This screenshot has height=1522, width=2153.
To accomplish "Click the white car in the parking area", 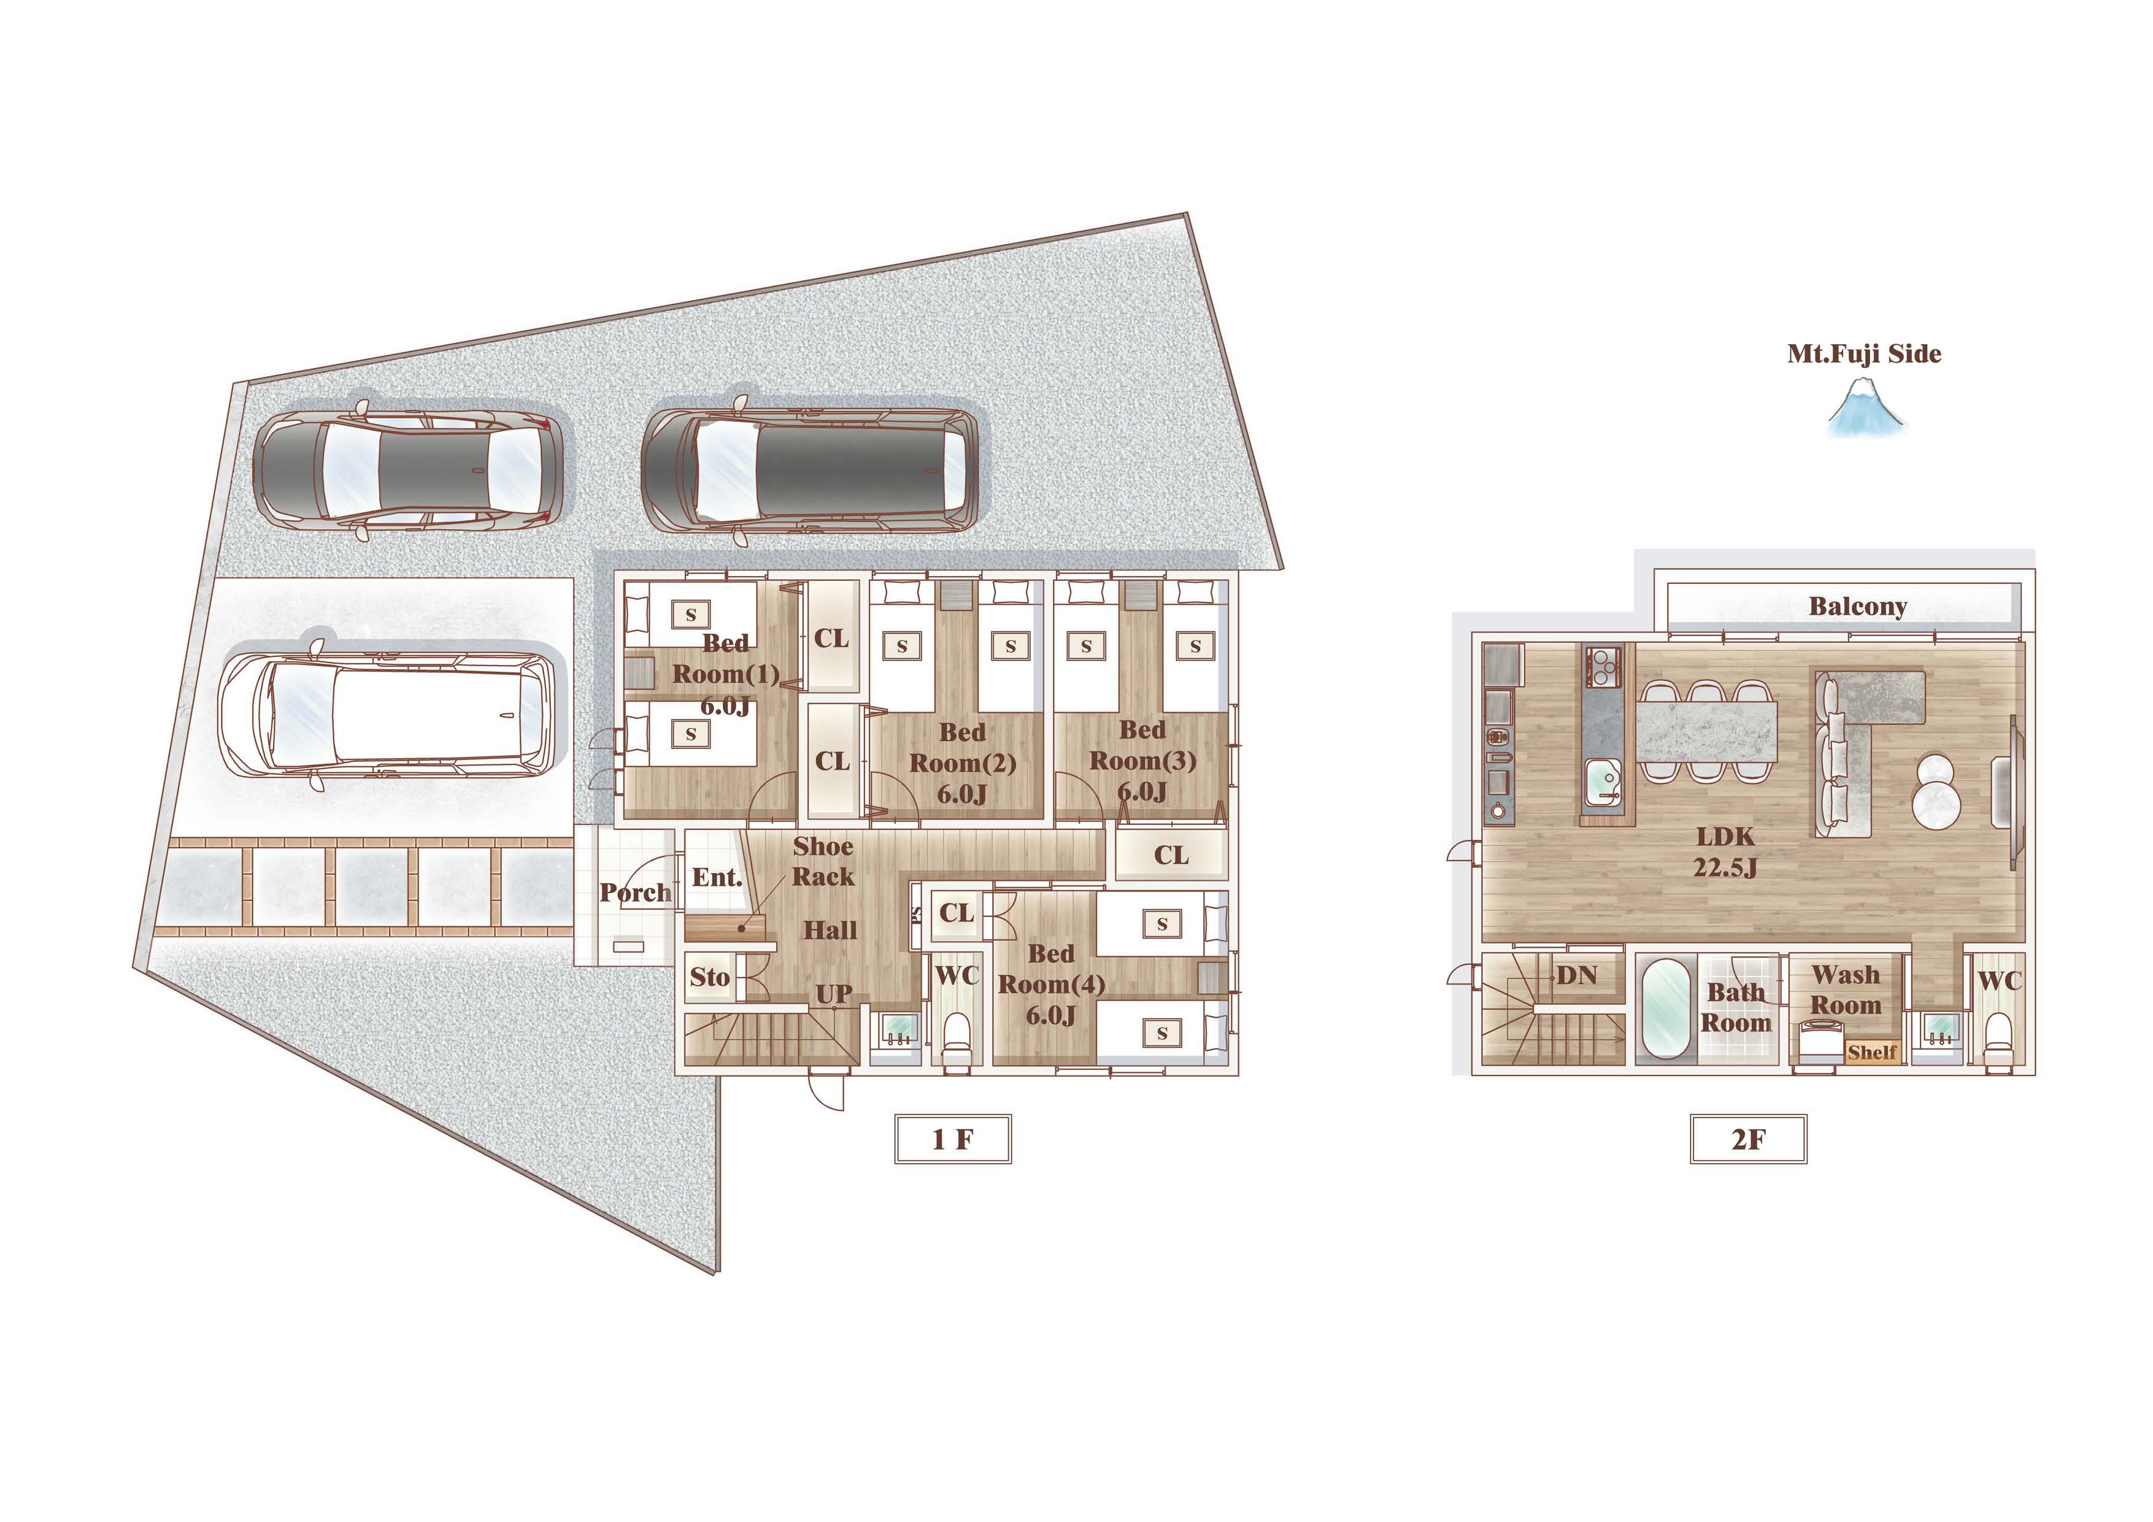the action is [x=387, y=710].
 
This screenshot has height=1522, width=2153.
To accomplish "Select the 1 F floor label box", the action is [x=953, y=1139].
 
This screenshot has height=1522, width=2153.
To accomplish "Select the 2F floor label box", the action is [x=1748, y=1139].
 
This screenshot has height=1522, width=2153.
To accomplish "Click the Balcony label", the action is [x=1858, y=607].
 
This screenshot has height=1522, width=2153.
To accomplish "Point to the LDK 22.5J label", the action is [x=1725, y=851].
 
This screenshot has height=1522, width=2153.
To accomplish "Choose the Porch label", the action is [x=636, y=893].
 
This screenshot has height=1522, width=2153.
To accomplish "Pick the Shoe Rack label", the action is [x=823, y=861].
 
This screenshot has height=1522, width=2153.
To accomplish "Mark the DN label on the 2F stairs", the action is [x=1576, y=975].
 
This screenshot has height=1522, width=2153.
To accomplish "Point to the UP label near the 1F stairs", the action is [x=834, y=994].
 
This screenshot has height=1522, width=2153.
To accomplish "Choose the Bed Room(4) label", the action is [x=1051, y=985].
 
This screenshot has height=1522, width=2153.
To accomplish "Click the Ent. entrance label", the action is [x=717, y=878].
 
